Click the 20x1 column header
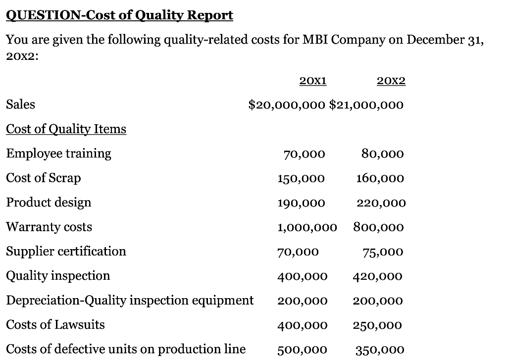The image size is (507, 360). pyautogui.click(x=313, y=81)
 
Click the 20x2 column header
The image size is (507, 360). pyautogui.click(x=391, y=81)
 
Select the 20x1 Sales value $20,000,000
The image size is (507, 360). pyautogui.click(x=287, y=105)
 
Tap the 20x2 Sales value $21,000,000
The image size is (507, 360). pyautogui.click(x=366, y=105)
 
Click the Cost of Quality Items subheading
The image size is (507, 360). pyautogui.click(x=66, y=129)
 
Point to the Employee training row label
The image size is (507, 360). pyautogui.click(x=58, y=154)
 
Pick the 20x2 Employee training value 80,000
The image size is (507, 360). pyautogui.click(x=382, y=154)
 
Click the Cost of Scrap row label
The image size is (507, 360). pyautogui.click(x=43, y=178)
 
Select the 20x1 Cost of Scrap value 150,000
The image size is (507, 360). pyautogui.click(x=301, y=178)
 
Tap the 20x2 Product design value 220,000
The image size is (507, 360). pyautogui.click(x=381, y=203)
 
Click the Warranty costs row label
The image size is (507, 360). pyautogui.click(x=49, y=227)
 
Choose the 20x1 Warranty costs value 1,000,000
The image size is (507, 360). pyautogui.click(x=307, y=227)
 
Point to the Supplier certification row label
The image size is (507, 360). pyautogui.click(x=66, y=251)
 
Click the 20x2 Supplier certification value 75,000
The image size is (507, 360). pyautogui.click(x=383, y=252)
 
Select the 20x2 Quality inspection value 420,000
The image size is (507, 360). pyautogui.click(x=377, y=276)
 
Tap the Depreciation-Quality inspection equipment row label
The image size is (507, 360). pyautogui.click(x=130, y=300)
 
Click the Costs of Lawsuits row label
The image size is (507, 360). pyautogui.click(x=55, y=325)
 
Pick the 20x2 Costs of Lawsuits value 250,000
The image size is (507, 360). pyautogui.click(x=377, y=325)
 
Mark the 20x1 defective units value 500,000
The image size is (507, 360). pyautogui.click(x=302, y=350)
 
